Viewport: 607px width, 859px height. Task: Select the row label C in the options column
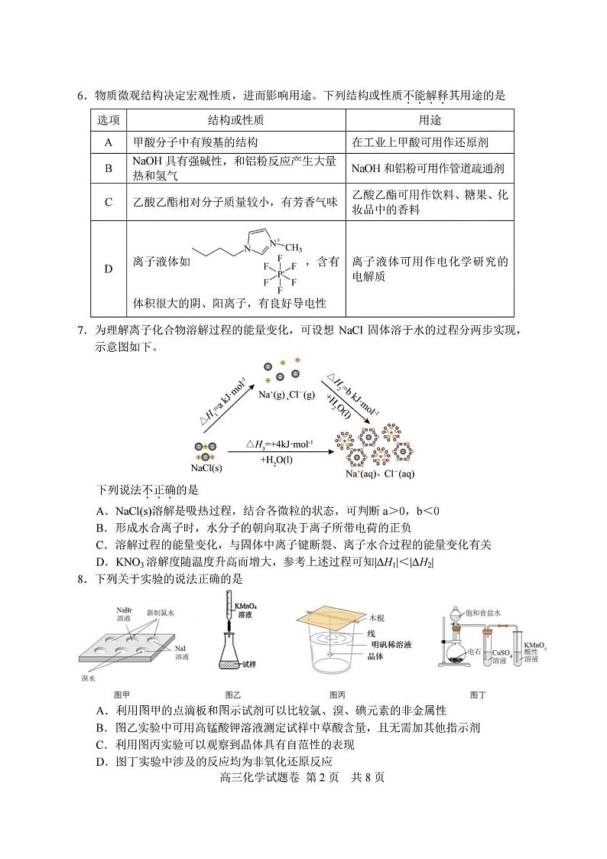point(109,202)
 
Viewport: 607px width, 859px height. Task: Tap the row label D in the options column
point(109,268)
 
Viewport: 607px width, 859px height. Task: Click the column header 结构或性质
point(235,120)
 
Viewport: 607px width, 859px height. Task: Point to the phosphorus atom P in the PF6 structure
point(279,273)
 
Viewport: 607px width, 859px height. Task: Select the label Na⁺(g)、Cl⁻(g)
point(287,395)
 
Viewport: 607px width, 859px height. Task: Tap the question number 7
point(80,330)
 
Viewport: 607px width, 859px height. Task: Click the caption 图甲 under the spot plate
point(122,695)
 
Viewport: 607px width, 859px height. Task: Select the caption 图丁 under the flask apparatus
point(478,695)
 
